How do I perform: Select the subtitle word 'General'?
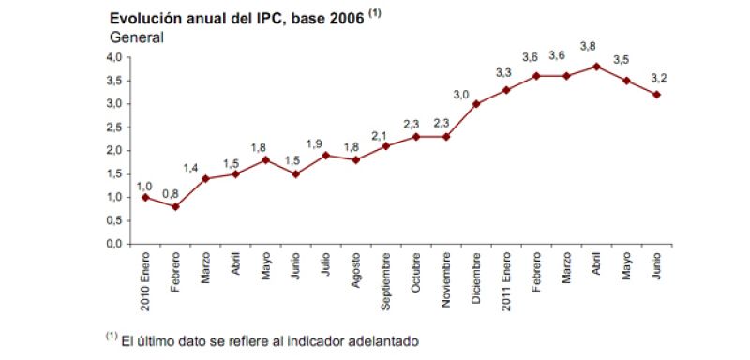(137, 38)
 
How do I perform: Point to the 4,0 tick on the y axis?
(113, 57)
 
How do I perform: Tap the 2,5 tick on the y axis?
(113, 127)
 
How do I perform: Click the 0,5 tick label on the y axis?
(113, 220)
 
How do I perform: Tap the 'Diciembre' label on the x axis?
(476, 279)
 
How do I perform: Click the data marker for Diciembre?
(476, 104)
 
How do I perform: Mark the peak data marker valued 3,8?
(596, 67)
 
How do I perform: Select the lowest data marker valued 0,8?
(175, 206)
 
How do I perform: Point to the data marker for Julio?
(325, 155)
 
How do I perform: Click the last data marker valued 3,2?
(656, 95)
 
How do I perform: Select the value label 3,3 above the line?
(502, 72)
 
